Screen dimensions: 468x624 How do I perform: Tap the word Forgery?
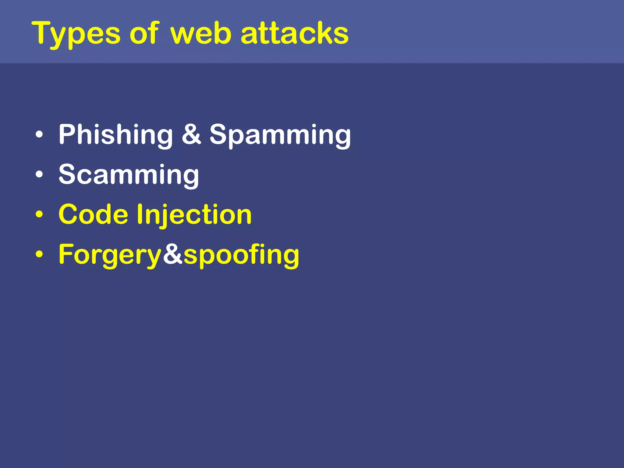point(110,255)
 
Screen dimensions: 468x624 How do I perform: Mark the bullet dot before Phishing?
point(39,134)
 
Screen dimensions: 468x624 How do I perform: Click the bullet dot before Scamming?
point(39,175)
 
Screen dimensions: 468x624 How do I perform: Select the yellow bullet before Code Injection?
point(39,214)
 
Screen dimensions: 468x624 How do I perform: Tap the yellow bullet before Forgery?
point(39,254)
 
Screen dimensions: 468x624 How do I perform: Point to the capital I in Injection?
point(140,214)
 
